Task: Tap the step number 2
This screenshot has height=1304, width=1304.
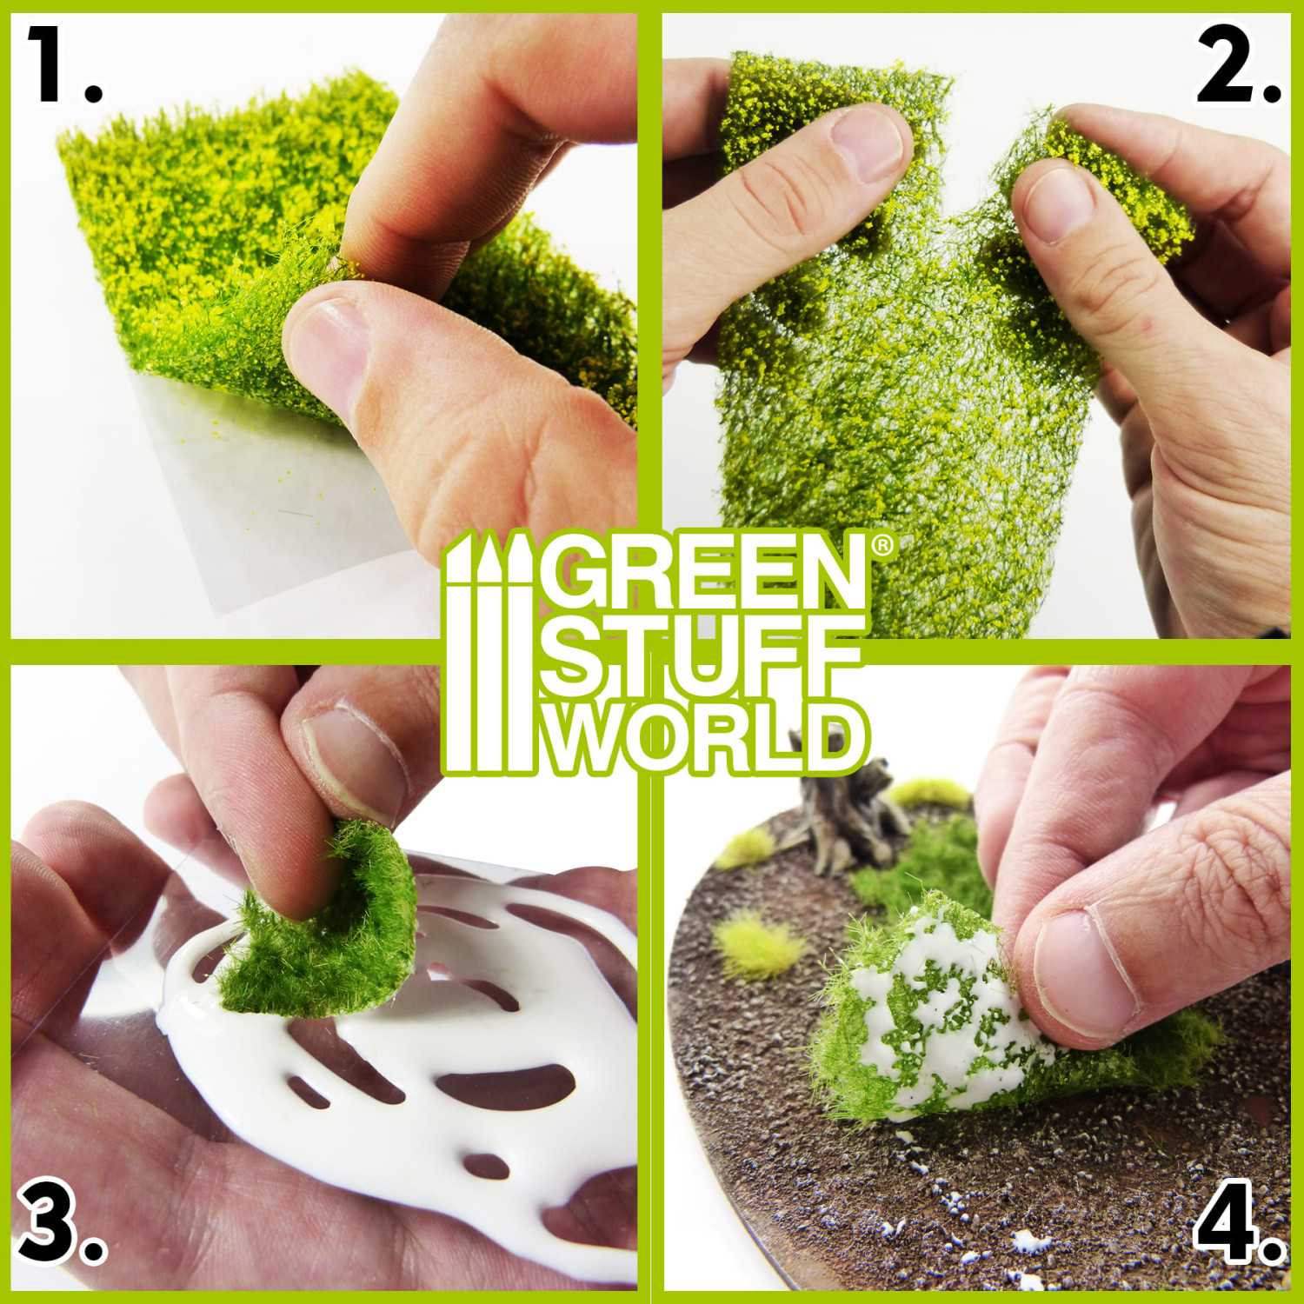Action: [x=1238, y=65]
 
